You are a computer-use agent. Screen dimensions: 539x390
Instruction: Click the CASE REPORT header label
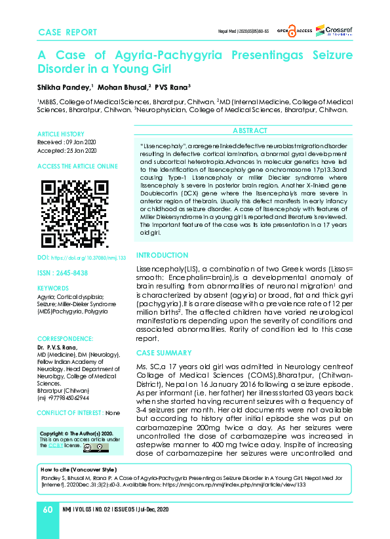point(68,32)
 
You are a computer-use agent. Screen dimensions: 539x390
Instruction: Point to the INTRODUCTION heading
point(162,255)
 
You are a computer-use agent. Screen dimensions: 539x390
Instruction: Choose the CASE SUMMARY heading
point(163,353)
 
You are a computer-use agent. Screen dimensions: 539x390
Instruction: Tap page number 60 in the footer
point(48,509)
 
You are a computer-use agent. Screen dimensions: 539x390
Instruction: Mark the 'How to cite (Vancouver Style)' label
point(78,470)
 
